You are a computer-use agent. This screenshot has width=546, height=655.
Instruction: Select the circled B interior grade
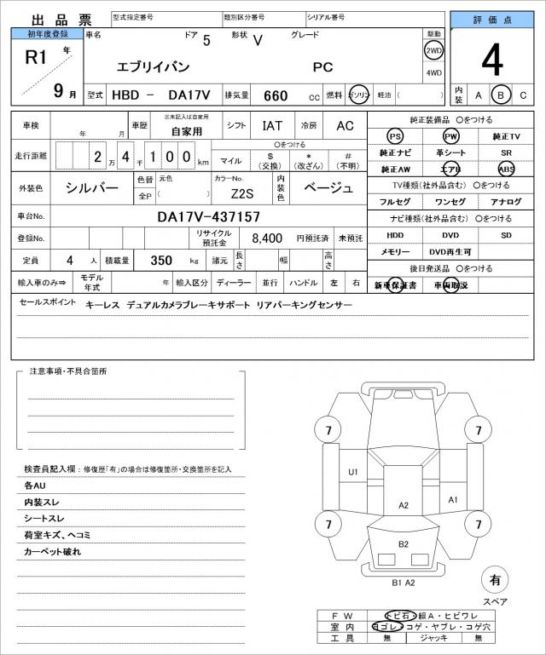(502, 95)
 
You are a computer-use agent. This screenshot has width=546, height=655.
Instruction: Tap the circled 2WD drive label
(433, 50)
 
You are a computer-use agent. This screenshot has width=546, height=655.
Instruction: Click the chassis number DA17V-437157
(209, 217)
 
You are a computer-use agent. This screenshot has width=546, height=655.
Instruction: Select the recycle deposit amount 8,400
(267, 238)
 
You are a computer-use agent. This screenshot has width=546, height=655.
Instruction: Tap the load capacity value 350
(161, 260)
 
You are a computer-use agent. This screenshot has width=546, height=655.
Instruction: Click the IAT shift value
(272, 125)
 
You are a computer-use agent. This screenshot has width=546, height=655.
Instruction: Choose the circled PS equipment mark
(394, 136)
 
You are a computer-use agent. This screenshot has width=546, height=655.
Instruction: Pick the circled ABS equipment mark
(506, 169)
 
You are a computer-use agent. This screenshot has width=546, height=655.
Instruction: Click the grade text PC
(323, 66)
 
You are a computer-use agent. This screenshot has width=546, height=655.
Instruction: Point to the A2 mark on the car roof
(404, 505)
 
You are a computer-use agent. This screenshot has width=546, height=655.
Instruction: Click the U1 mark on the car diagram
(352, 471)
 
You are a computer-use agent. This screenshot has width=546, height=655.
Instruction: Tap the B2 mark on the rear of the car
(404, 544)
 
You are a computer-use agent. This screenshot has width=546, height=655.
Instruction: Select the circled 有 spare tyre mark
(494, 580)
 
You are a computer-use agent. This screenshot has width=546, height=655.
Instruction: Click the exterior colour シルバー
(93, 188)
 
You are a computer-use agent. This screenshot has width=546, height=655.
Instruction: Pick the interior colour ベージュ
(328, 188)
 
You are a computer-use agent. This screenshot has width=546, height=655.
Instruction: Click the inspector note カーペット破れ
(53, 552)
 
